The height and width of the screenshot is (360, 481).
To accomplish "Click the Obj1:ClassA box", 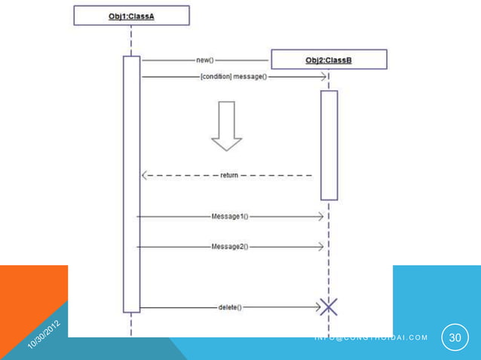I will tap(131, 15).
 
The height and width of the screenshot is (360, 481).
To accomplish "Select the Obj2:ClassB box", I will tap(328, 59).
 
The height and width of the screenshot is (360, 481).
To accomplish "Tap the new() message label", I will tap(205, 59).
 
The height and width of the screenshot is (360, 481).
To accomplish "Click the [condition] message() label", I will tap(234, 76).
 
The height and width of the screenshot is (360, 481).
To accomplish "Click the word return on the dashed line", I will tap(229, 175).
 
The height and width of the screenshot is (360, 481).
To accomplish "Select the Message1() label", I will tap(230, 216).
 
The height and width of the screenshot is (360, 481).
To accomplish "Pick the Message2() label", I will tap(230, 246).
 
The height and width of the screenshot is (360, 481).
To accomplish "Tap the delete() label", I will tap(230, 307).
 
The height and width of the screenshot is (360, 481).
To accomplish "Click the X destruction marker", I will tap(328, 307).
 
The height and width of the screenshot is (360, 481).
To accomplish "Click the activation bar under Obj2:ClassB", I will tap(329, 145).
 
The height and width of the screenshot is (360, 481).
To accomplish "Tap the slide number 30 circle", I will tap(455, 338).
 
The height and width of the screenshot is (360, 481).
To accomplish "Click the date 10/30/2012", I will tap(44, 333).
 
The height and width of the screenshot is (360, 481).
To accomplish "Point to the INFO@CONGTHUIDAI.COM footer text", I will tap(371, 337).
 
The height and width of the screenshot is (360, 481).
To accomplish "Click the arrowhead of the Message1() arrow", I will tap(321, 216).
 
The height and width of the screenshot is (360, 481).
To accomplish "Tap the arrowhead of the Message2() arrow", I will tap(321, 246).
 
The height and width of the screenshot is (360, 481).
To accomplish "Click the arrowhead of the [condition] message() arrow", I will tap(323, 76).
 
